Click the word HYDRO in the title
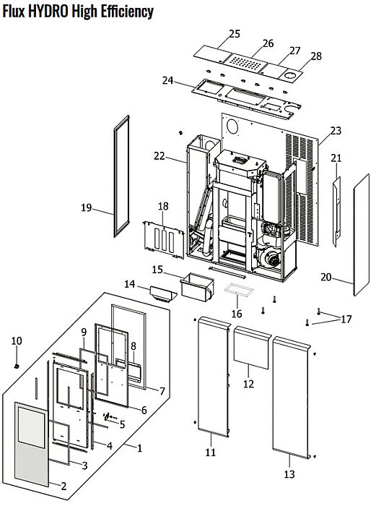(48, 12)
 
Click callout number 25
(235, 34)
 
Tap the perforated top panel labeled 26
(247, 62)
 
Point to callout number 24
(167, 80)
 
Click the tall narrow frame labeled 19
(121, 176)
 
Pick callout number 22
(159, 156)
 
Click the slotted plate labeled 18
(164, 239)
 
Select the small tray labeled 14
(163, 293)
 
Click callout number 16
(237, 314)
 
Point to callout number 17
(346, 320)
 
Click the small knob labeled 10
(17, 366)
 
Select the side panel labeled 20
(362, 235)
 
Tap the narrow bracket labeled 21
(337, 211)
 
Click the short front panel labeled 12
(251, 348)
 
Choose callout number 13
(289, 474)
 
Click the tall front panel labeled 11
(214, 377)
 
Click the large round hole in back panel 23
(232, 126)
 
